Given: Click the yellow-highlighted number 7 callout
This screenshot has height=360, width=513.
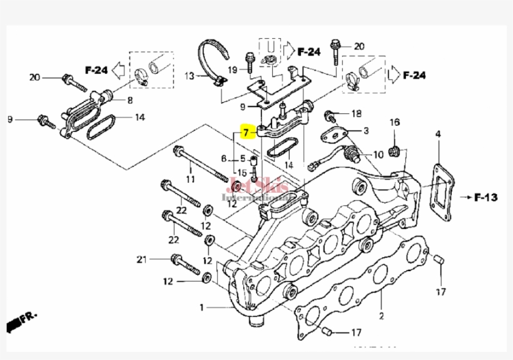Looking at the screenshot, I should pyautogui.click(x=246, y=132).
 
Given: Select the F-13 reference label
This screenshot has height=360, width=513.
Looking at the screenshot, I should pyautogui.click(x=485, y=198).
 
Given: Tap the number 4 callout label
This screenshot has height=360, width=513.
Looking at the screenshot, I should pyautogui.click(x=438, y=134).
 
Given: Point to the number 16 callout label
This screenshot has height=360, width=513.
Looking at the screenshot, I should pyautogui.click(x=394, y=122).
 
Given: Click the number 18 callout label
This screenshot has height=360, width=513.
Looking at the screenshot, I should pyautogui.click(x=356, y=114).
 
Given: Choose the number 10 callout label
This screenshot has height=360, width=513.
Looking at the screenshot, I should pyautogui.click(x=378, y=155).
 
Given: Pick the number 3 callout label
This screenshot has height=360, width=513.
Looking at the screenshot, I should pyautogui.click(x=366, y=130).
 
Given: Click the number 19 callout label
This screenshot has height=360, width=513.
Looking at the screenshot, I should pyautogui.click(x=231, y=69).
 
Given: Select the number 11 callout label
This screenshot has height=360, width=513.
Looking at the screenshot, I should pyautogui.click(x=190, y=180).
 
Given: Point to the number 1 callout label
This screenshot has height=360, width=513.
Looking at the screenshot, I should pyautogui.click(x=201, y=307).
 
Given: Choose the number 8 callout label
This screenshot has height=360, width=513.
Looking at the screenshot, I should pyautogui.click(x=130, y=100).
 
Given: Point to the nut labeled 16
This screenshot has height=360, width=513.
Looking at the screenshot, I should pyautogui.click(x=395, y=150).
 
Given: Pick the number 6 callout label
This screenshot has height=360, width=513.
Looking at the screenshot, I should pyautogui.click(x=223, y=158).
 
